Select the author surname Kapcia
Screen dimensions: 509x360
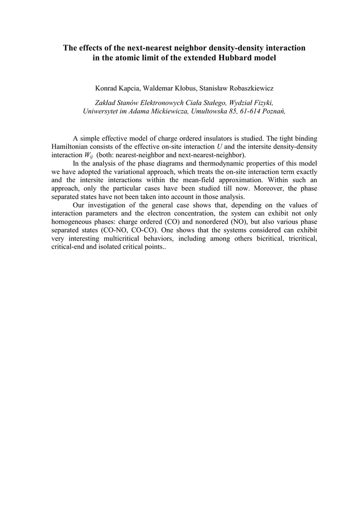pos(129,88)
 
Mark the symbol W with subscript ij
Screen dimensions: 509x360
pos(89,155)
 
